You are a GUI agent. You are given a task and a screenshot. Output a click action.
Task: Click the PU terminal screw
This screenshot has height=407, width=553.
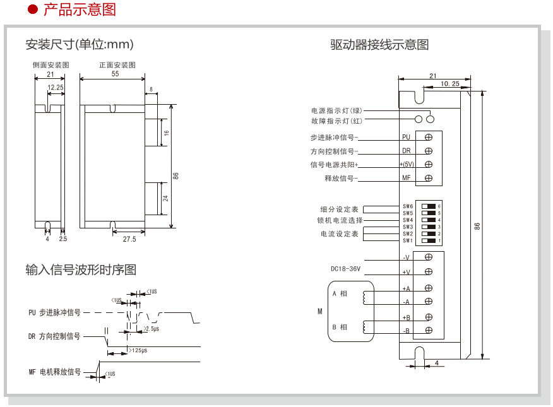coord(429,136)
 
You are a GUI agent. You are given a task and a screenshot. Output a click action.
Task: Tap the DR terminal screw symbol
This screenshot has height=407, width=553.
coord(429,151)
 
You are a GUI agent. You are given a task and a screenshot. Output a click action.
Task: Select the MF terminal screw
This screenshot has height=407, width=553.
coord(429,179)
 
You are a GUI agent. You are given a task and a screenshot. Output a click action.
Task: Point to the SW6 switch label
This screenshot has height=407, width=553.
coord(408,206)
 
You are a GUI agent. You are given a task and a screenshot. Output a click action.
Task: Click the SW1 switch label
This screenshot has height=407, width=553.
coord(408,240)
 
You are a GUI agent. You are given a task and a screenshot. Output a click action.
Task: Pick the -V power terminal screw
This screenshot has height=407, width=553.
coord(429,257)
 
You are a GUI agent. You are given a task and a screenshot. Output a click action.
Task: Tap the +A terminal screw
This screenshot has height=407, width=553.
coord(429,288)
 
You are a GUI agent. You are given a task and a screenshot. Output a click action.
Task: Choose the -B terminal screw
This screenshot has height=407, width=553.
coord(429,331)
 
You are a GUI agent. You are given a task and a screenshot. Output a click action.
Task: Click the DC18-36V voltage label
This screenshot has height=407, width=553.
coord(346,268)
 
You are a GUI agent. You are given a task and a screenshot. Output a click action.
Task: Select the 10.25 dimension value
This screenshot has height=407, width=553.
coord(449,83)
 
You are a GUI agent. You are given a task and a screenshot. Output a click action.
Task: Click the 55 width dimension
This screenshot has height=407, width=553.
coord(115,74)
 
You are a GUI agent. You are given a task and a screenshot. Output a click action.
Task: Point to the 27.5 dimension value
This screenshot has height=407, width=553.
coord(129,239)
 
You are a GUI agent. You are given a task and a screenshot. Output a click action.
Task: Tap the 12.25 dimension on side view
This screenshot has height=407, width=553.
coord(56,87)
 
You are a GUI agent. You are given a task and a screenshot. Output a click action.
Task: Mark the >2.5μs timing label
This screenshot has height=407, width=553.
coord(152,329)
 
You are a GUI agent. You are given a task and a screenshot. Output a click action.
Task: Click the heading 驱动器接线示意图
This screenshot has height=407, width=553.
coord(379,44)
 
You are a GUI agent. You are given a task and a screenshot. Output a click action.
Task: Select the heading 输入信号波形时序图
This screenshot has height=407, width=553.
coord(81,269)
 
